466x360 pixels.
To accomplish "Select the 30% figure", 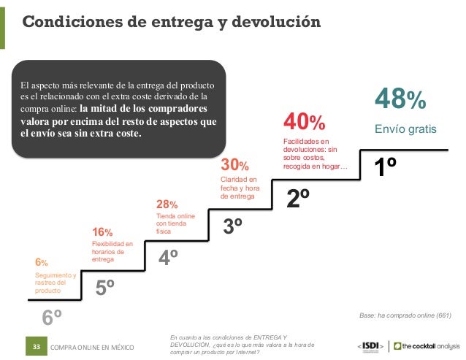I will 234,164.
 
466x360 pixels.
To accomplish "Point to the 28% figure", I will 167,204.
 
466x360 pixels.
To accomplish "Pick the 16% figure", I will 102,231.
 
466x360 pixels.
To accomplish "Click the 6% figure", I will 42,262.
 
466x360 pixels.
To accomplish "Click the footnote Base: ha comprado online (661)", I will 405,315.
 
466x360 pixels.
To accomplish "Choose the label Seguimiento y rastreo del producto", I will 56,283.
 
